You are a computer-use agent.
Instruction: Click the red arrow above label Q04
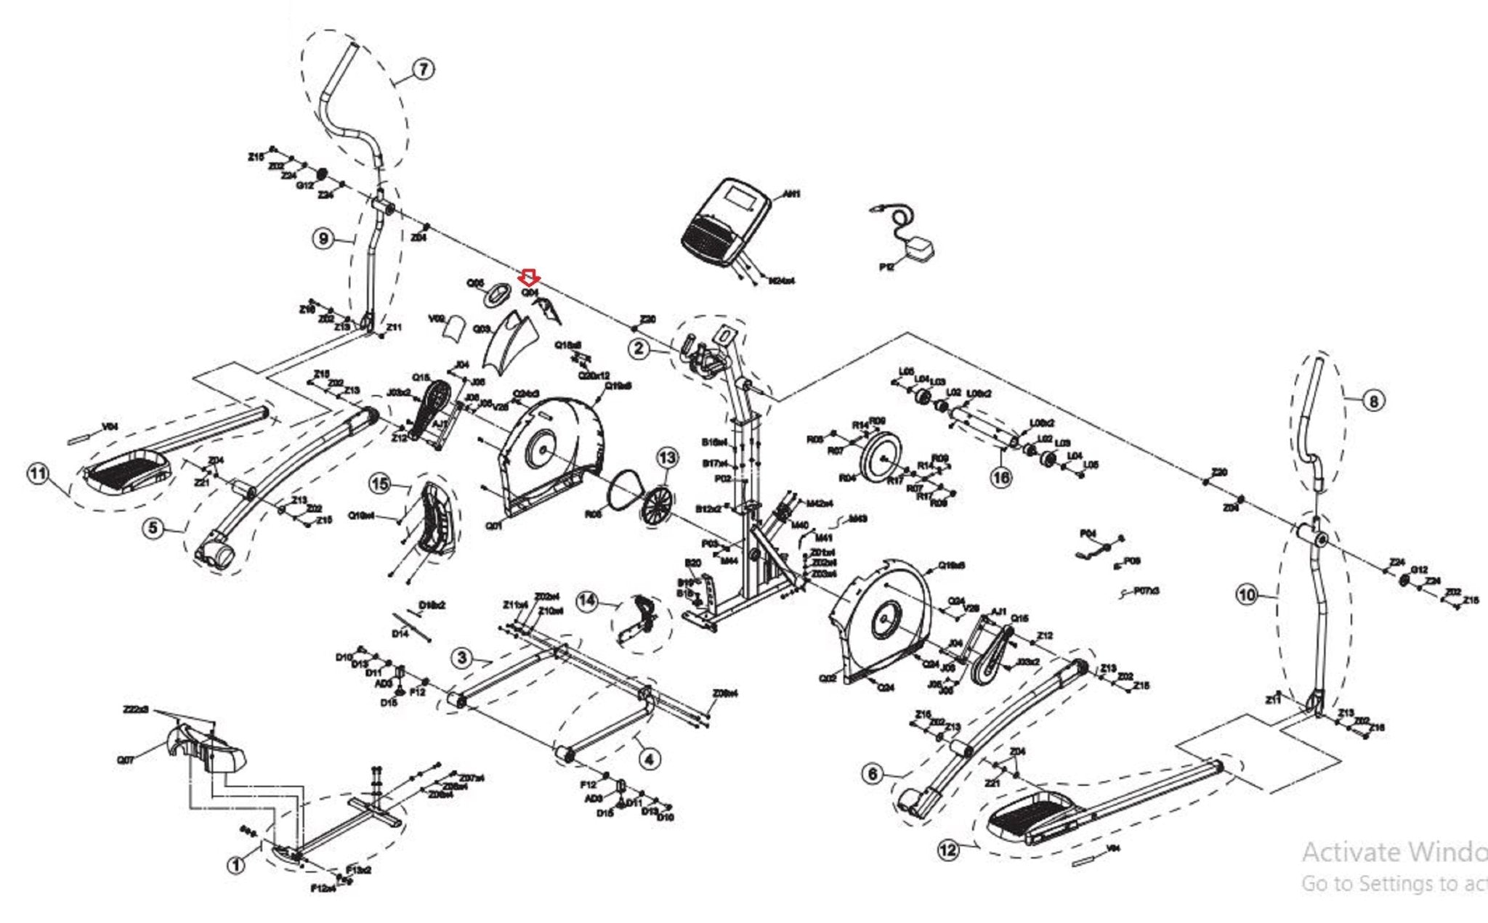(x=529, y=277)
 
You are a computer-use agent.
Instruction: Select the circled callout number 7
(x=423, y=70)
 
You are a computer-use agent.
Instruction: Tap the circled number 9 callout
(x=324, y=238)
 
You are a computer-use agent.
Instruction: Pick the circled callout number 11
(x=38, y=475)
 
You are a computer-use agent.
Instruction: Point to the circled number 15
(x=380, y=484)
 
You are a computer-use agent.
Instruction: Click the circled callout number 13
(x=667, y=458)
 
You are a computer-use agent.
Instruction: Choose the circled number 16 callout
(x=1001, y=477)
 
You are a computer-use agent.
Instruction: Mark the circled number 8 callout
(x=1373, y=400)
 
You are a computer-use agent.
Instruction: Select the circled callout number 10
(x=1247, y=595)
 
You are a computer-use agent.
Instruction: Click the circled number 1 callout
(x=235, y=865)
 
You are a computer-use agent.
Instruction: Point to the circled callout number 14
(x=587, y=601)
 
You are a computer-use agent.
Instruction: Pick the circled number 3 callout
(x=462, y=658)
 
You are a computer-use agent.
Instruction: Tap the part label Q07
(x=125, y=760)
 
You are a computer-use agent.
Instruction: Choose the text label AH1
(x=791, y=195)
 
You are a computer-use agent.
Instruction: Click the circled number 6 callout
(x=873, y=773)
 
